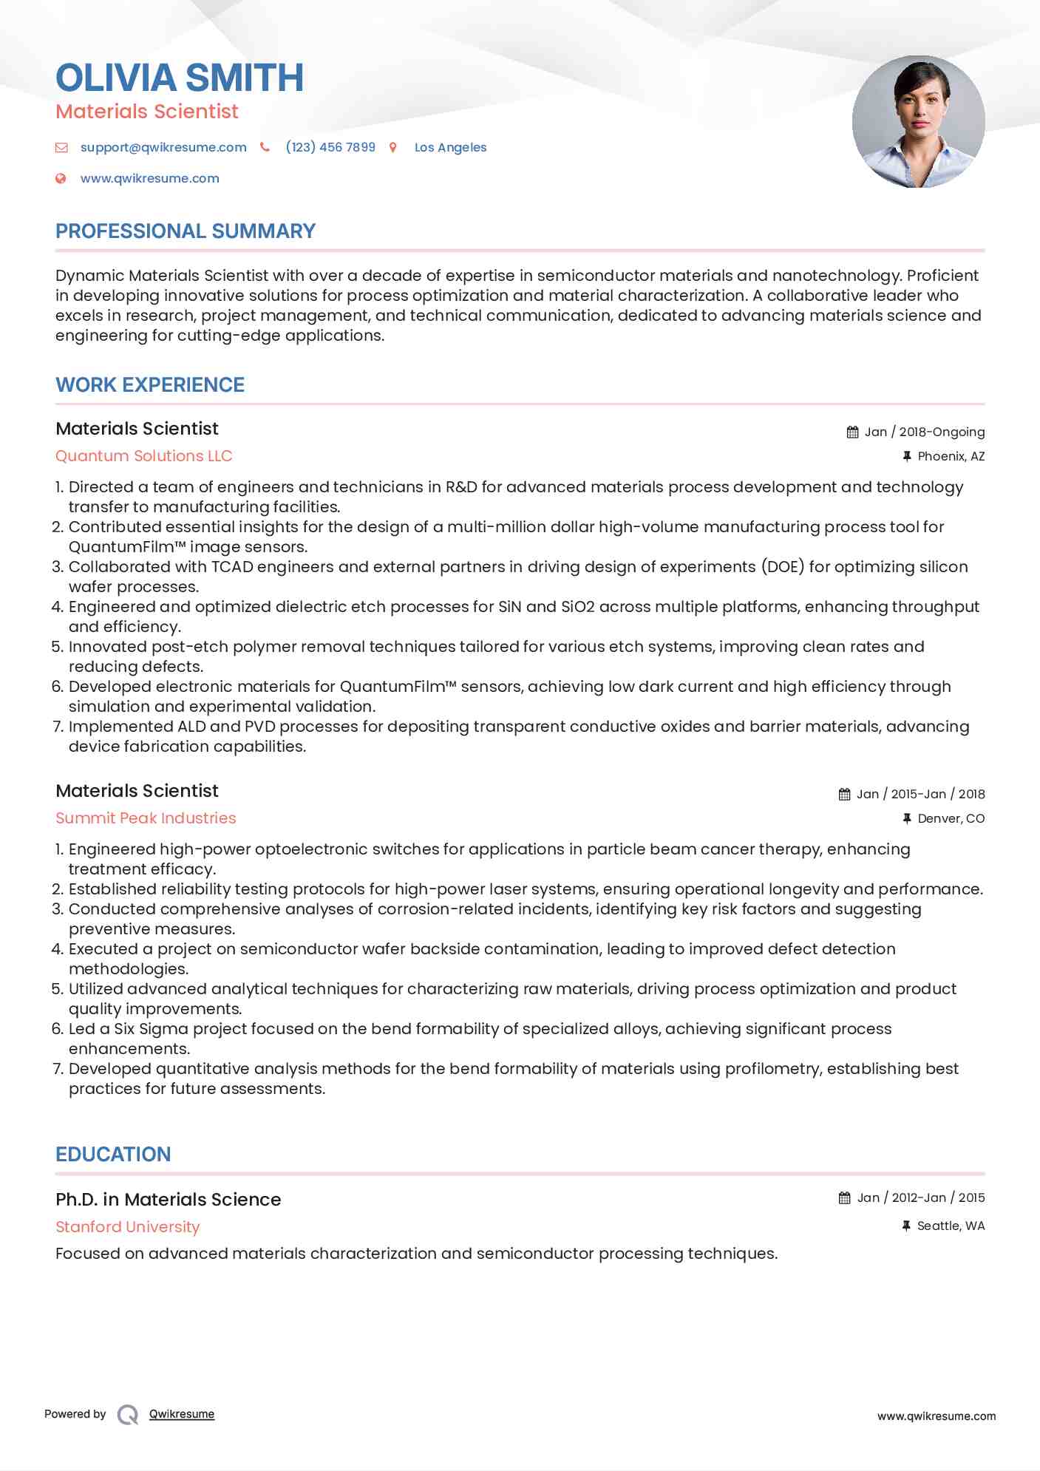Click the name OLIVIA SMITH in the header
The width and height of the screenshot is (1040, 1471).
click(x=180, y=78)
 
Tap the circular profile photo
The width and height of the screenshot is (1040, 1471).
click(x=918, y=121)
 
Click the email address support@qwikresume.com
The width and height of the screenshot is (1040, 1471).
click(x=163, y=147)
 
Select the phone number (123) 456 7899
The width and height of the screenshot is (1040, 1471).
click(x=330, y=147)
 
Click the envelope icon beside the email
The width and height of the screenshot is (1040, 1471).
click(x=61, y=148)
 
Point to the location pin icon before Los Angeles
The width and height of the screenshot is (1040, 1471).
click(x=393, y=148)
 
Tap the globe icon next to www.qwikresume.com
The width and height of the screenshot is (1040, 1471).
click(x=61, y=178)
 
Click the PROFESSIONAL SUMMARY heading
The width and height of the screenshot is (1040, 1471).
click(x=186, y=231)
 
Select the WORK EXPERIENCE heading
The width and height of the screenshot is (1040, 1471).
click(x=150, y=385)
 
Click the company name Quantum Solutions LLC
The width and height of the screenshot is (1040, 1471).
click(x=144, y=456)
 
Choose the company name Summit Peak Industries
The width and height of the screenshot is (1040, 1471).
click(x=146, y=818)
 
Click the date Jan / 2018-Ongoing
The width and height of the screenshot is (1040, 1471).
click(x=925, y=432)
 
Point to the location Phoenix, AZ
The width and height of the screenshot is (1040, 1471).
click(x=951, y=456)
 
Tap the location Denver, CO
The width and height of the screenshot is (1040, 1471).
click(x=951, y=818)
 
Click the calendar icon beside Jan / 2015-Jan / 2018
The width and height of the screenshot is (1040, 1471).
click(x=844, y=795)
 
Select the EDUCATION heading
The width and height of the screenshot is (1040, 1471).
click(x=113, y=1155)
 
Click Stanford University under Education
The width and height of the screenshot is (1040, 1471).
click(x=128, y=1227)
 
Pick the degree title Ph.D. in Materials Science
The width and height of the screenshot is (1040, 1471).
click(x=169, y=1200)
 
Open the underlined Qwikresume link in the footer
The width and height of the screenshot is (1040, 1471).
click(x=182, y=1414)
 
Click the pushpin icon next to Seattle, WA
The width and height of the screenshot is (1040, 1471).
click(x=906, y=1226)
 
